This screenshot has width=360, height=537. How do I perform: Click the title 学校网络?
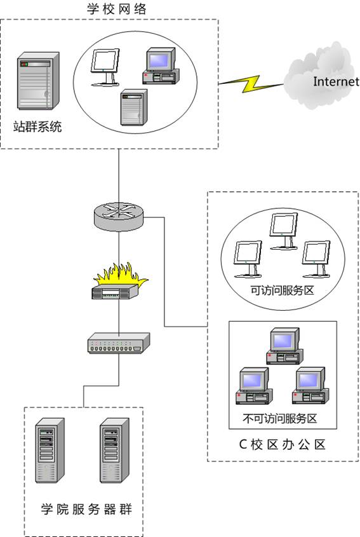117,8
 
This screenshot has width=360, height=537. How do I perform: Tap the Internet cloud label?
336,81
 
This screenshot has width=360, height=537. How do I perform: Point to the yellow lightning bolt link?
251,83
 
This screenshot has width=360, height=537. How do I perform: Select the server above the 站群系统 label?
38,81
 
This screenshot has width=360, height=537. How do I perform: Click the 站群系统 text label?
37,126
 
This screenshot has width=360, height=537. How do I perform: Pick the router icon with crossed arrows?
118,216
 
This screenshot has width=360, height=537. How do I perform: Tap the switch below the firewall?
119,343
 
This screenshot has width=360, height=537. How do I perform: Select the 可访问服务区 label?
283,290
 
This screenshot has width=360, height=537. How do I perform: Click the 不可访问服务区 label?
280,418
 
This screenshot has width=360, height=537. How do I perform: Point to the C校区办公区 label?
282,444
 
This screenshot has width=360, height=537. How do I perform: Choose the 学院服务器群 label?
86,509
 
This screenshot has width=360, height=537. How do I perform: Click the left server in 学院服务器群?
50,451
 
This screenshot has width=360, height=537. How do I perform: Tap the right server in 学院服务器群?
115,451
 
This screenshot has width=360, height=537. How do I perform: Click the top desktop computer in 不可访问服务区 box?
284,346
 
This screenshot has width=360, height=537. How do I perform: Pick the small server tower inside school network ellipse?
134,107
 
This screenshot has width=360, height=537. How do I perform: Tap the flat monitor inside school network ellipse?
105,67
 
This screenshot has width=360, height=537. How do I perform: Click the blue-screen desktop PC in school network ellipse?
161,65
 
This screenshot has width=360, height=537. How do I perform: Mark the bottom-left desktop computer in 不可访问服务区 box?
254,386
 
